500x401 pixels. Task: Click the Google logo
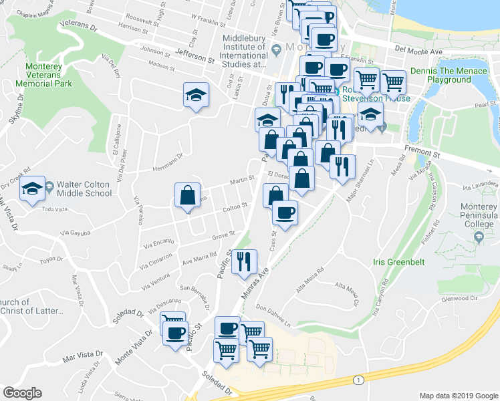(22, 393)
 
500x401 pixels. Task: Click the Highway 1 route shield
(360, 380)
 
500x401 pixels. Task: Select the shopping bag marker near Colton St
(187, 196)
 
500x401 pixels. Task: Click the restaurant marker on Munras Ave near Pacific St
(245, 262)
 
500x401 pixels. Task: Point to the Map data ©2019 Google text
(459, 395)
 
